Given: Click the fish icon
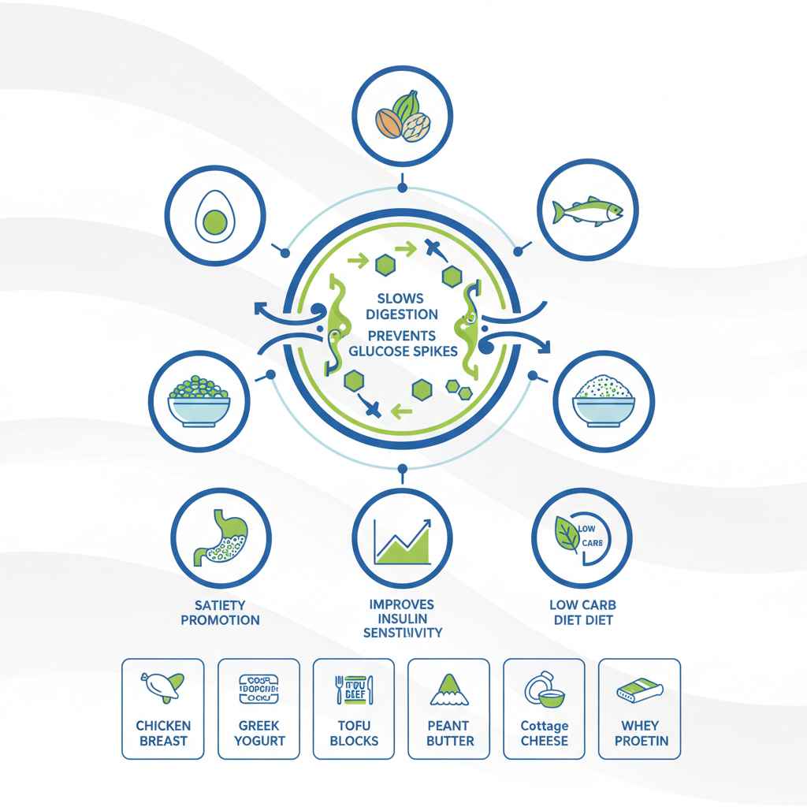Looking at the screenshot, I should point(588,211).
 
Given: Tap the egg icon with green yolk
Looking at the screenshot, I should point(214,215).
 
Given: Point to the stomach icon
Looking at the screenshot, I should point(221,537).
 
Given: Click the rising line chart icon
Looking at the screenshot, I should point(403,541).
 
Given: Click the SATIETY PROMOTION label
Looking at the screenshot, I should point(220,612).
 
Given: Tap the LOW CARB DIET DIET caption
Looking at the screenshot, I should point(582,612).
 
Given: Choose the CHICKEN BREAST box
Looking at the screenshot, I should point(163,708).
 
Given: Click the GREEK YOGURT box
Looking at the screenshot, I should point(258,708).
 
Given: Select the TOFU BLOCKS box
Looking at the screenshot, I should point(354,708).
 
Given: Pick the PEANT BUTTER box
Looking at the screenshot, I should point(449,708).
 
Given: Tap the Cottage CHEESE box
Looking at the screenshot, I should point(544,708).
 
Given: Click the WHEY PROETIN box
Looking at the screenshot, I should point(639,708).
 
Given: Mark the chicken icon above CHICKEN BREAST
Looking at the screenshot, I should point(162,686).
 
